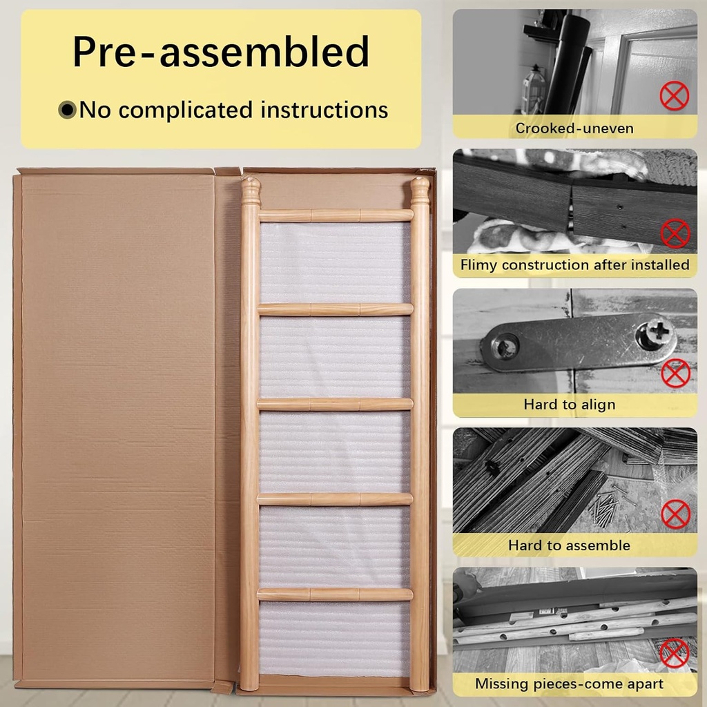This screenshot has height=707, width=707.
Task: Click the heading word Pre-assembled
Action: point(221,52)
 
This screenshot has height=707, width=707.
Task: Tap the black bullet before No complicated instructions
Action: point(67,110)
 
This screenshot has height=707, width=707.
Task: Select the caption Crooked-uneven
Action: point(574,128)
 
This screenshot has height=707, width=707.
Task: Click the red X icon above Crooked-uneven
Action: point(674,95)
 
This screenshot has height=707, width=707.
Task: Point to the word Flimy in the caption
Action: point(479,265)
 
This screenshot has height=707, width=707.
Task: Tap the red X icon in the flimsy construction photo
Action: point(675,233)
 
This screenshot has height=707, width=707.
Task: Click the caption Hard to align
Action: point(570,405)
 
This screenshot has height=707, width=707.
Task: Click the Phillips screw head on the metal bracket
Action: point(655,333)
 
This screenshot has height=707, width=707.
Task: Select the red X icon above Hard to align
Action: point(675,374)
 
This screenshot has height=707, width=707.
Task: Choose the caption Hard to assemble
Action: point(569,545)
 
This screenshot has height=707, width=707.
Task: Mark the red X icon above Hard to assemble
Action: point(675,514)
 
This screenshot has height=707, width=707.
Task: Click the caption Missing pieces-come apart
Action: point(569,684)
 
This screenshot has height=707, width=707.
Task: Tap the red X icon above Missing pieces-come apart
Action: point(674,653)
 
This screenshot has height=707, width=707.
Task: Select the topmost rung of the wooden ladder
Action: point(336,215)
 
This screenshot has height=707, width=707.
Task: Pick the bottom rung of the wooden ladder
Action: point(335,594)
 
